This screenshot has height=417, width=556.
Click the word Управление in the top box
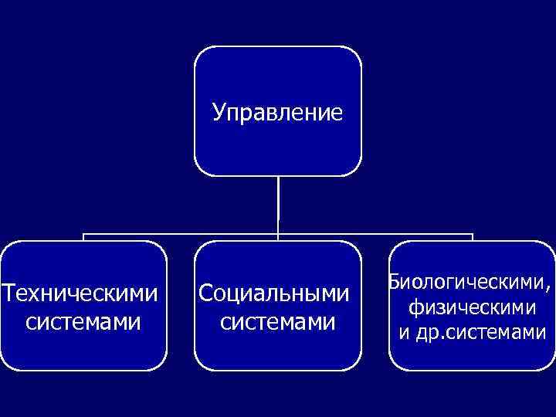277,114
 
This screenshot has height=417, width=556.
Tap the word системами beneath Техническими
83,320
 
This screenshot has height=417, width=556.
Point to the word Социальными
274,293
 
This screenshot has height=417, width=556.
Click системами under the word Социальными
277,320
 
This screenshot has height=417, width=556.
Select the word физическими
473,307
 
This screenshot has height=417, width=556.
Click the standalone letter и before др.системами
403,334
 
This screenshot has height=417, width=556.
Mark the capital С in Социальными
205,293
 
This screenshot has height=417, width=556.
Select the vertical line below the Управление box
278,205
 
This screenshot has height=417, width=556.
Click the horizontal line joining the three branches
178,234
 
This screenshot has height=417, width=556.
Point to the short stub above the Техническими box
83,237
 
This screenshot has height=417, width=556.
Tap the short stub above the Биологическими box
472,237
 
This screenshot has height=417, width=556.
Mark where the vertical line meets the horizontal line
278,234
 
